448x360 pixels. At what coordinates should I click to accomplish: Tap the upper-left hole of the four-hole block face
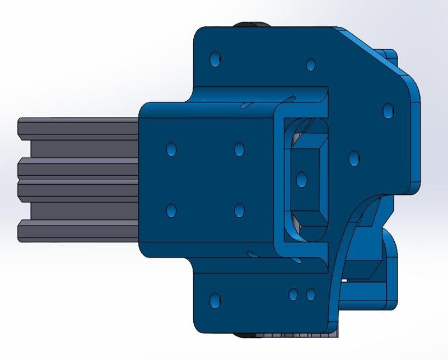coord(171,149)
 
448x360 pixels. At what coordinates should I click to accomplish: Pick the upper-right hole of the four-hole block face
coord(239,149)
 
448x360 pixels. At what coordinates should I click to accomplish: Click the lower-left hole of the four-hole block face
coord(171,211)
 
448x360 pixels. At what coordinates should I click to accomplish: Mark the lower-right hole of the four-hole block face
coord(239,211)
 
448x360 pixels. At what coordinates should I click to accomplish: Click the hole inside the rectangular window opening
coord(301,180)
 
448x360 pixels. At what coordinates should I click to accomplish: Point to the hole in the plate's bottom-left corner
coord(214,300)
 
